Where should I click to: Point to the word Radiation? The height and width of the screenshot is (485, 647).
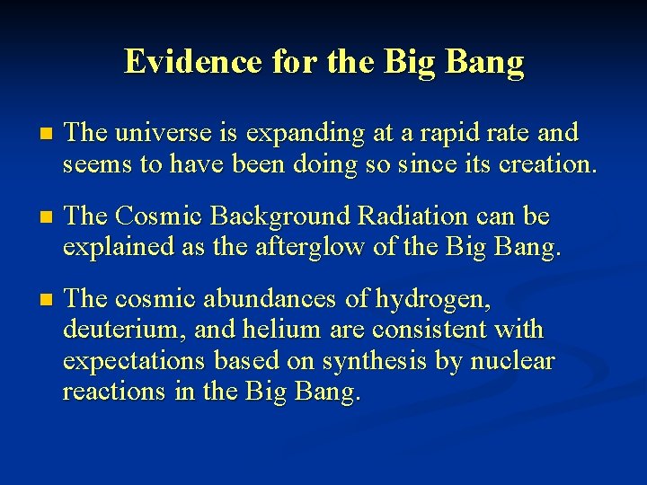coord(412,216)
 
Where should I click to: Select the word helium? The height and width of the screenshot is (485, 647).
coord(279,329)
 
